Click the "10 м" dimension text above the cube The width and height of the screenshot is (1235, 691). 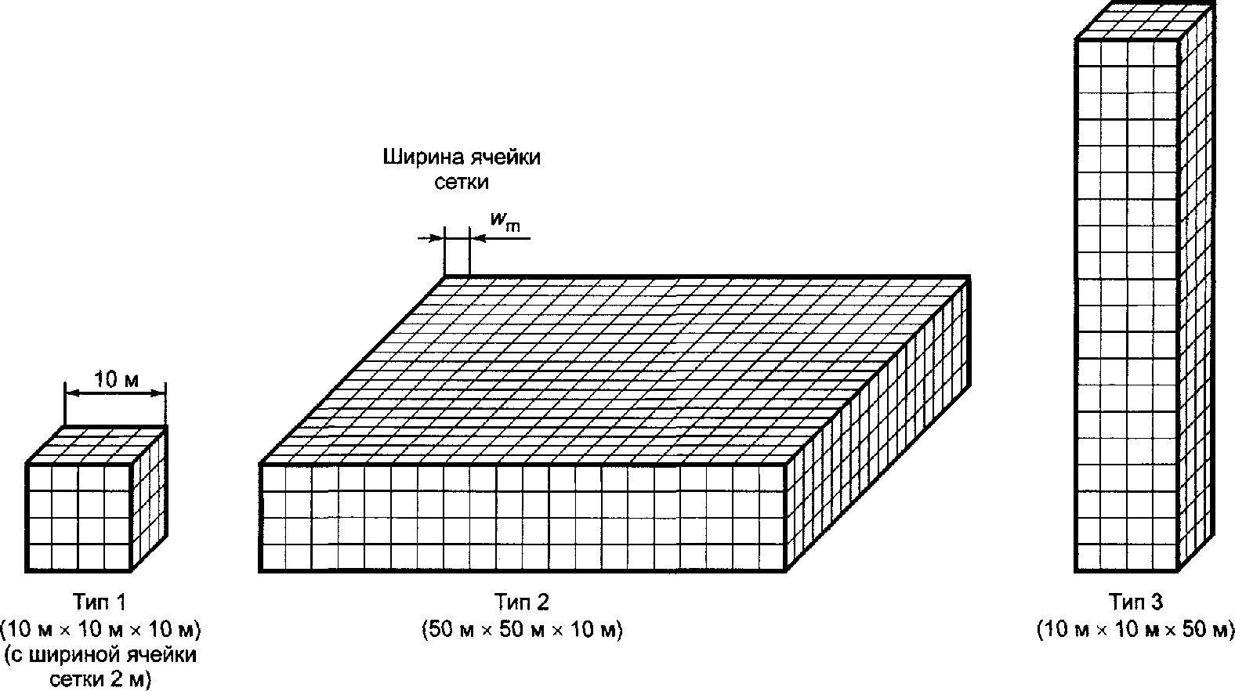[x=116, y=381]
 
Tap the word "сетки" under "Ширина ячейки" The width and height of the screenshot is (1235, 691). [x=462, y=183]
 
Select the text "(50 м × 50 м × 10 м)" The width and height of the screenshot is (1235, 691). [x=522, y=629]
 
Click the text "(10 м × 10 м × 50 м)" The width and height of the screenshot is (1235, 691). [x=1135, y=629]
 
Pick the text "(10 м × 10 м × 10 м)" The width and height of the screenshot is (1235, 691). [x=101, y=629]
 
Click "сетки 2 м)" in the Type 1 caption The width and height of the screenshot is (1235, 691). [x=100, y=678]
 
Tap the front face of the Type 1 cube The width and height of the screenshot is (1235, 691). [x=78, y=518]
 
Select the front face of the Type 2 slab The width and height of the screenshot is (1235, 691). [x=522, y=518]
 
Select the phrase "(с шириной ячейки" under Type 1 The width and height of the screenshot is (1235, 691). [x=101, y=654]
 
